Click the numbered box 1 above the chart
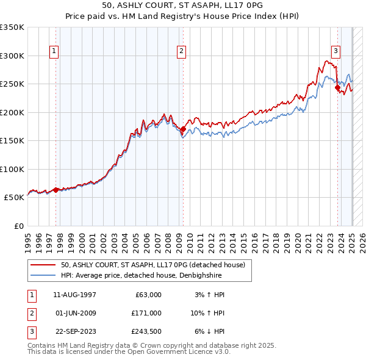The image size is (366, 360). pyautogui.click(x=55, y=51)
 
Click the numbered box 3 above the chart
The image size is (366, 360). pyautogui.click(x=336, y=51)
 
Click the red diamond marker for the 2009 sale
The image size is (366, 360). pyautogui.click(x=183, y=129)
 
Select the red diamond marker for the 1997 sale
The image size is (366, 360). pyautogui.click(x=56, y=190)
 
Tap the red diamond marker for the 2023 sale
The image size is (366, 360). pyautogui.click(x=337, y=87)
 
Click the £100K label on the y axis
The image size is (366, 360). pyautogui.click(x=12, y=169)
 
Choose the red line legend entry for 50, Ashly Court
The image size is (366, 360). pyautogui.click(x=152, y=265)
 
